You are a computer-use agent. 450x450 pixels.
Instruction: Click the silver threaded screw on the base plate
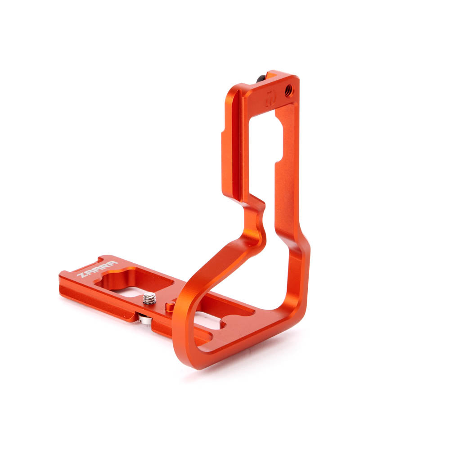click(149, 298)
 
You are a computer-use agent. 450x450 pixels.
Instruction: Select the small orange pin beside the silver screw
click(170, 306)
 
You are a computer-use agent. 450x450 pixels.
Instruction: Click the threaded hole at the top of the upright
click(288, 90)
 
